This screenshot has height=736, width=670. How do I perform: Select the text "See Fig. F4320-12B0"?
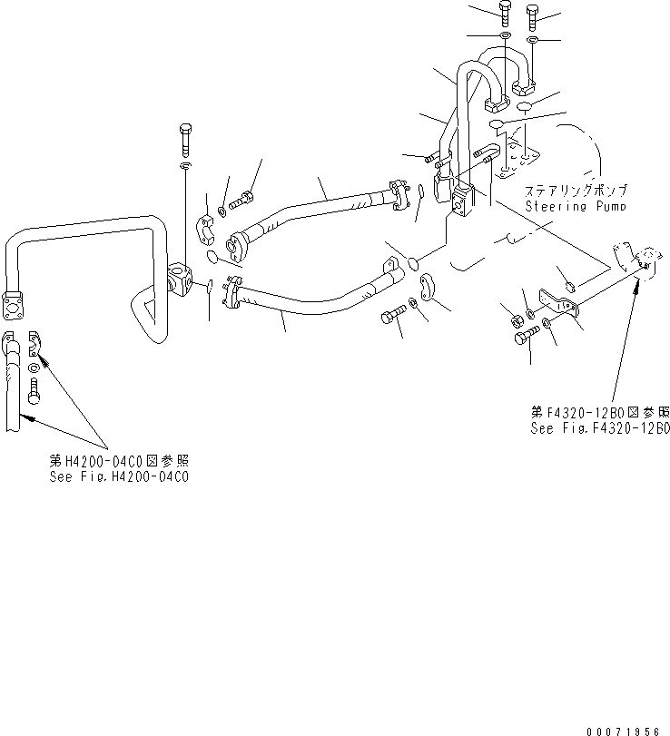click(600, 427)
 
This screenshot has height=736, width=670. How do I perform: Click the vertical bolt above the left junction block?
click(185, 138)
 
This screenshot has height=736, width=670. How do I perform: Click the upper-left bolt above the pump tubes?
click(504, 13)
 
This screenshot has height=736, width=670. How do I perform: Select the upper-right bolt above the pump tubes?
click(534, 15)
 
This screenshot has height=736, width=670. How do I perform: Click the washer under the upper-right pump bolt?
click(533, 42)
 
